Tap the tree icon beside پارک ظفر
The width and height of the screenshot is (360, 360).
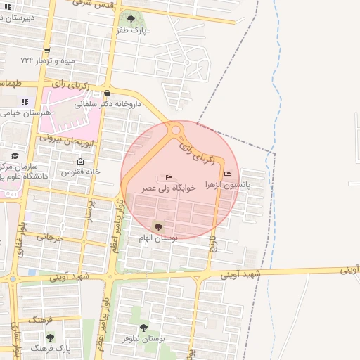pos(131,19)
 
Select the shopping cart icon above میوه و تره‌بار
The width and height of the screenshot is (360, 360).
pos(47,50)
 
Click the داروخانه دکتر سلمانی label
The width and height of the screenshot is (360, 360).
pos(110,103)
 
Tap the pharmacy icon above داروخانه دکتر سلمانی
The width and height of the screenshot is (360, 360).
pos(106,92)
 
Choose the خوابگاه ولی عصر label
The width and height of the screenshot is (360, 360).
pos(167,188)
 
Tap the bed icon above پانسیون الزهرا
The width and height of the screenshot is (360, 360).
pos(226,174)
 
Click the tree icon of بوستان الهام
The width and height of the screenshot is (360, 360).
pos(156,226)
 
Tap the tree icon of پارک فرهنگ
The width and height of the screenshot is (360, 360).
pos(50,337)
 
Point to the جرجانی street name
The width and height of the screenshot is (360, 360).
pos(51,238)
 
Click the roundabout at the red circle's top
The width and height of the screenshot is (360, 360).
pos(176,129)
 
